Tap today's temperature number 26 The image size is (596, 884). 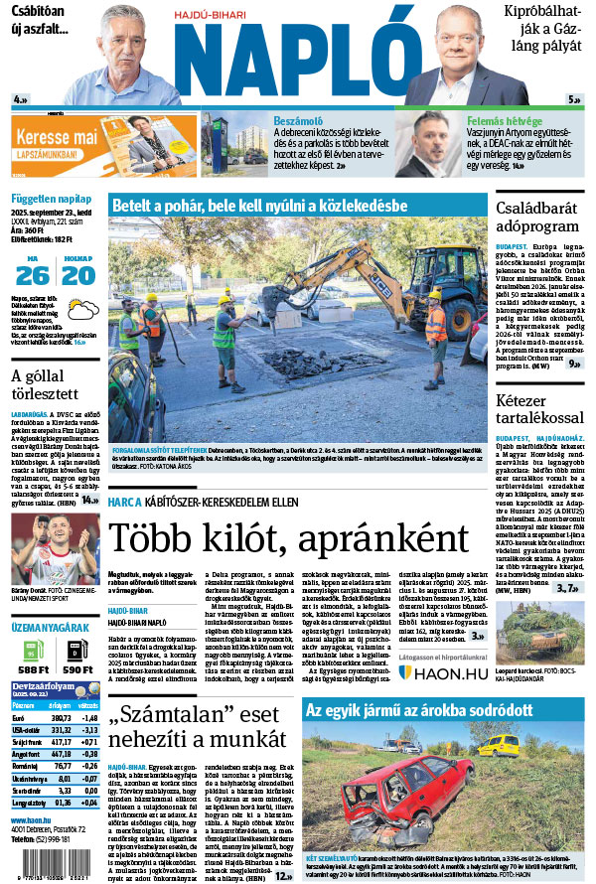coord(32,274)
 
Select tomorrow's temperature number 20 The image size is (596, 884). coord(76,274)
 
